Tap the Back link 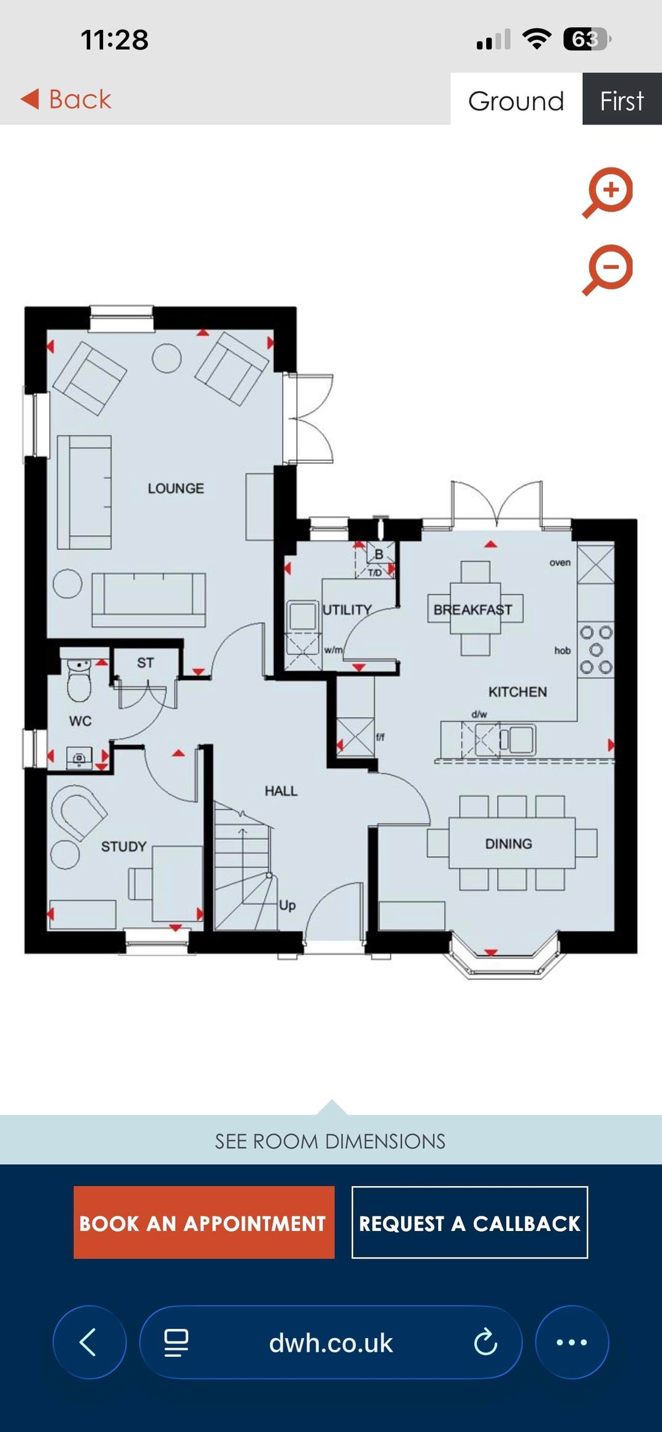[66, 99]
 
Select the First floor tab [622, 99]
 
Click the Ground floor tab [516, 99]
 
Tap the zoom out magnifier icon [607, 270]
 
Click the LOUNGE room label [176, 489]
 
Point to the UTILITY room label [347, 610]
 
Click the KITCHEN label [518, 692]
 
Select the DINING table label [509, 844]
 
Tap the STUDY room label [124, 847]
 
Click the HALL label [281, 791]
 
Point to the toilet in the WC [79, 680]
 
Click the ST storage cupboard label [145, 663]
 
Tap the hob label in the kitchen [563, 650]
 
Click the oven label [560, 563]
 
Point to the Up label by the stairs [287, 905]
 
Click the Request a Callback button [470, 1222]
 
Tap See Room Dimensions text [330, 1141]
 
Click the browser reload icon [485, 1342]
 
